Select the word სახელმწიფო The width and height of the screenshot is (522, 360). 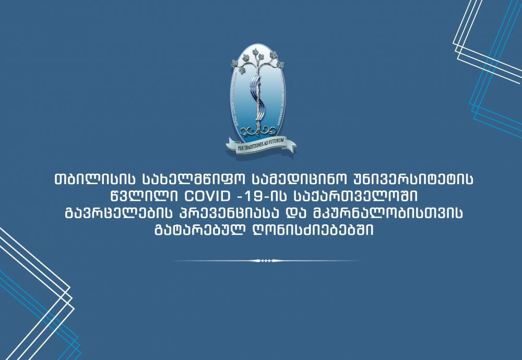click(194, 179)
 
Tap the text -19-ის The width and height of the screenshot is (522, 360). click(263, 197)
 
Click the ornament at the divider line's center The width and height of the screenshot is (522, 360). click(265, 261)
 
